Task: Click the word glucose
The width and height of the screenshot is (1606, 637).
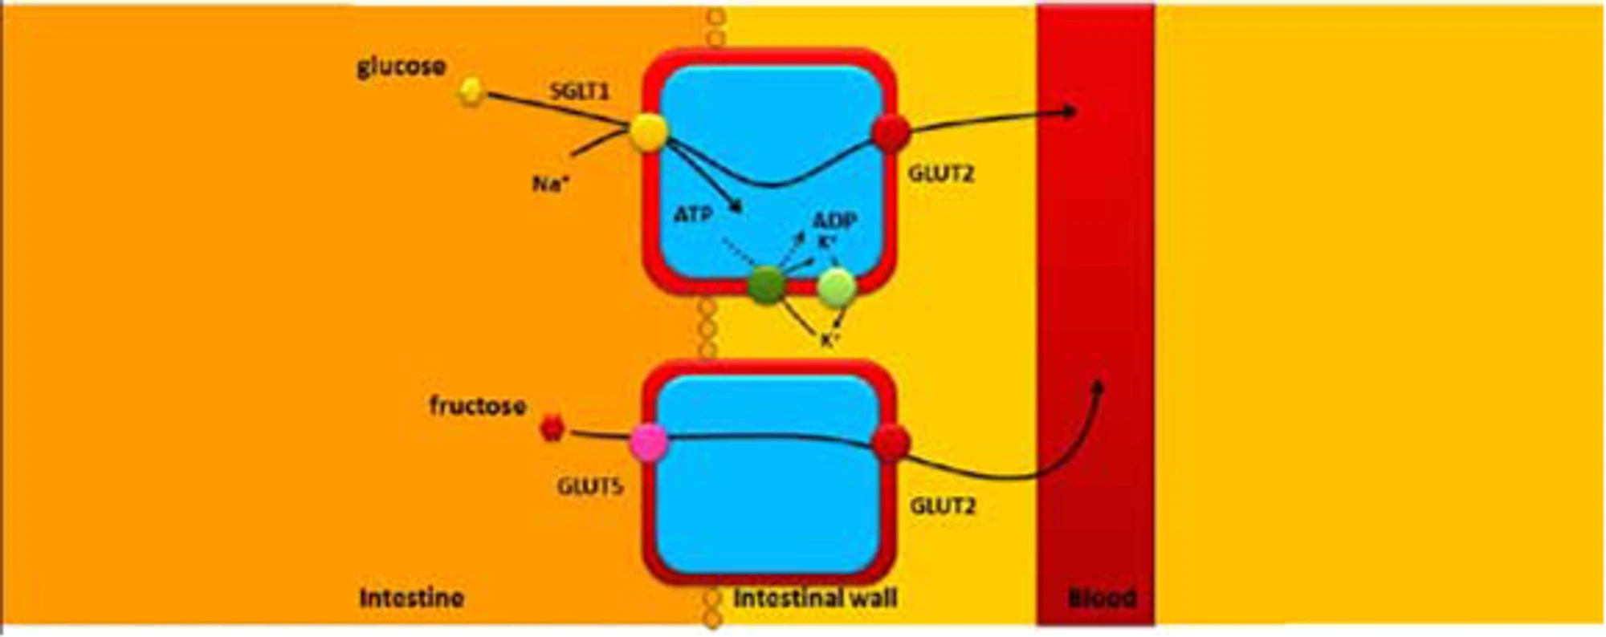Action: tap(401, 66)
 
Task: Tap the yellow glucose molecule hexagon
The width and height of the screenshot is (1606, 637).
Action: tap(471, 92)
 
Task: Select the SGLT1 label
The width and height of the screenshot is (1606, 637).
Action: tap(580, 91)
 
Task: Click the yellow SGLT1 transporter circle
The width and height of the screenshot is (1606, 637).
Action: tap(648, 132)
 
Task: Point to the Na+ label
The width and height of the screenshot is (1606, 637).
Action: tap(551, 184)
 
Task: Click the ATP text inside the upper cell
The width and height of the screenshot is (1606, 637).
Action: tap(692, 214)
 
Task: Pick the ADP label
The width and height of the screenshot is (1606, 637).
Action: tap(834, 220)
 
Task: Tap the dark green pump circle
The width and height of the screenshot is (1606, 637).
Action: tap(766, 286)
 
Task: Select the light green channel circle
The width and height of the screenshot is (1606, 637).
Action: tap(837, 287)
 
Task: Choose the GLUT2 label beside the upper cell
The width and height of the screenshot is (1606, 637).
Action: tap(941, 173)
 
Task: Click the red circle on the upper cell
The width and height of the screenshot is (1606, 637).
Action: tap(891, 132)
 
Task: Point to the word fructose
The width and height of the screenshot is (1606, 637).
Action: tap(477, 405)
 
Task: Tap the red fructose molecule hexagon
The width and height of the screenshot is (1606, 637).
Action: tap(552, 428)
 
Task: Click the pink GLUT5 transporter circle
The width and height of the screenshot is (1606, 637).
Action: tap(649, 443)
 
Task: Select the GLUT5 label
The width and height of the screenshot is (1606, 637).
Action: tap(590, 487)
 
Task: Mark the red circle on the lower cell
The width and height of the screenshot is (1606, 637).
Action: tap(891, 443)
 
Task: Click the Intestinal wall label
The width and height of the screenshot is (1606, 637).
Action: tap(815, 598)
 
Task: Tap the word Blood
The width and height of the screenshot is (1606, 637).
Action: tap(1102, 598)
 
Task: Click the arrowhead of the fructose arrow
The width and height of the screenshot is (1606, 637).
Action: tap(1099, 386)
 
